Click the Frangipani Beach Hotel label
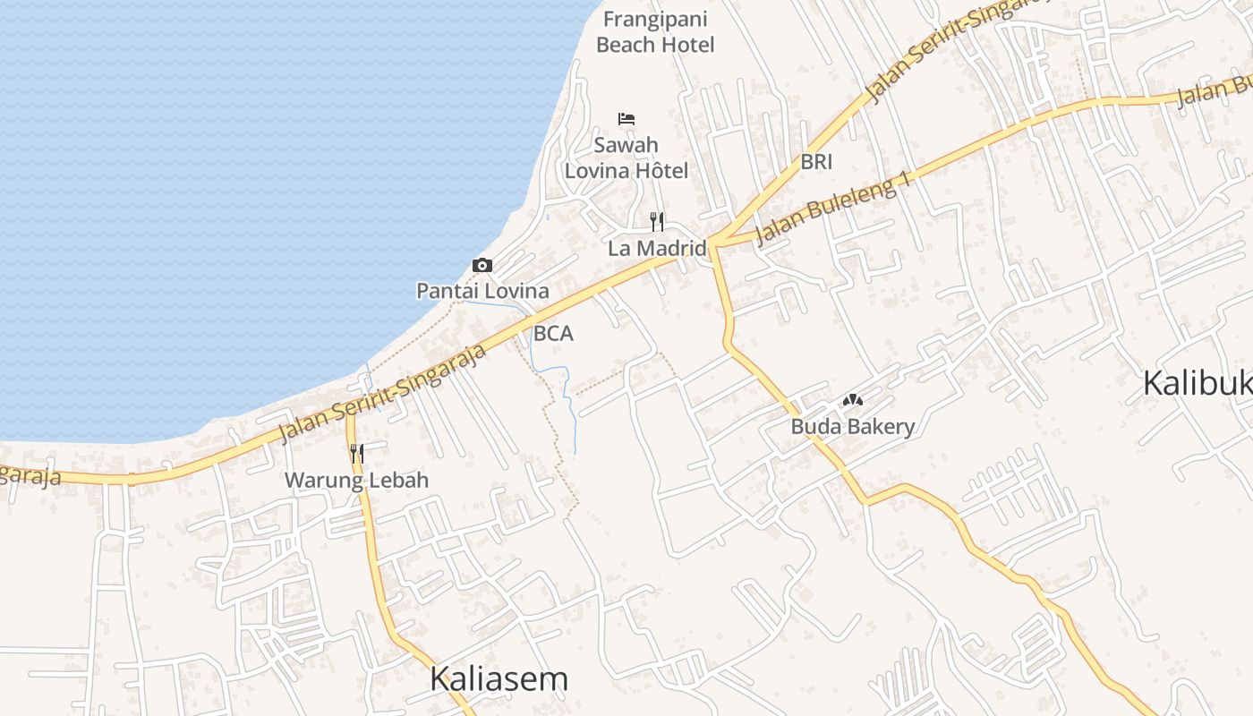pos(655,31)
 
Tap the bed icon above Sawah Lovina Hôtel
pos(626,118)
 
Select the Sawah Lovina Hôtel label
pos(626,158)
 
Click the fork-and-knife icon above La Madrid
pos(657,221)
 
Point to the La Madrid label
pos(657,248)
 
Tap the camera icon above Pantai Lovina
pos(482,265)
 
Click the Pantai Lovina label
pos(482,291)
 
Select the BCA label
pos(553,334)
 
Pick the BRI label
pos(816,162)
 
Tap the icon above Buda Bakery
pos(852,400)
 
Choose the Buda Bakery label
pos(852,426)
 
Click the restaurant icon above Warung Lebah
pos(356,454)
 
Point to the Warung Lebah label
pos(356,481)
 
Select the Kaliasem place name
pos(499,679)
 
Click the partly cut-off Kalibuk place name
pos(1198,383)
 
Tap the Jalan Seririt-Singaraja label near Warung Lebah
pos(383,392)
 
